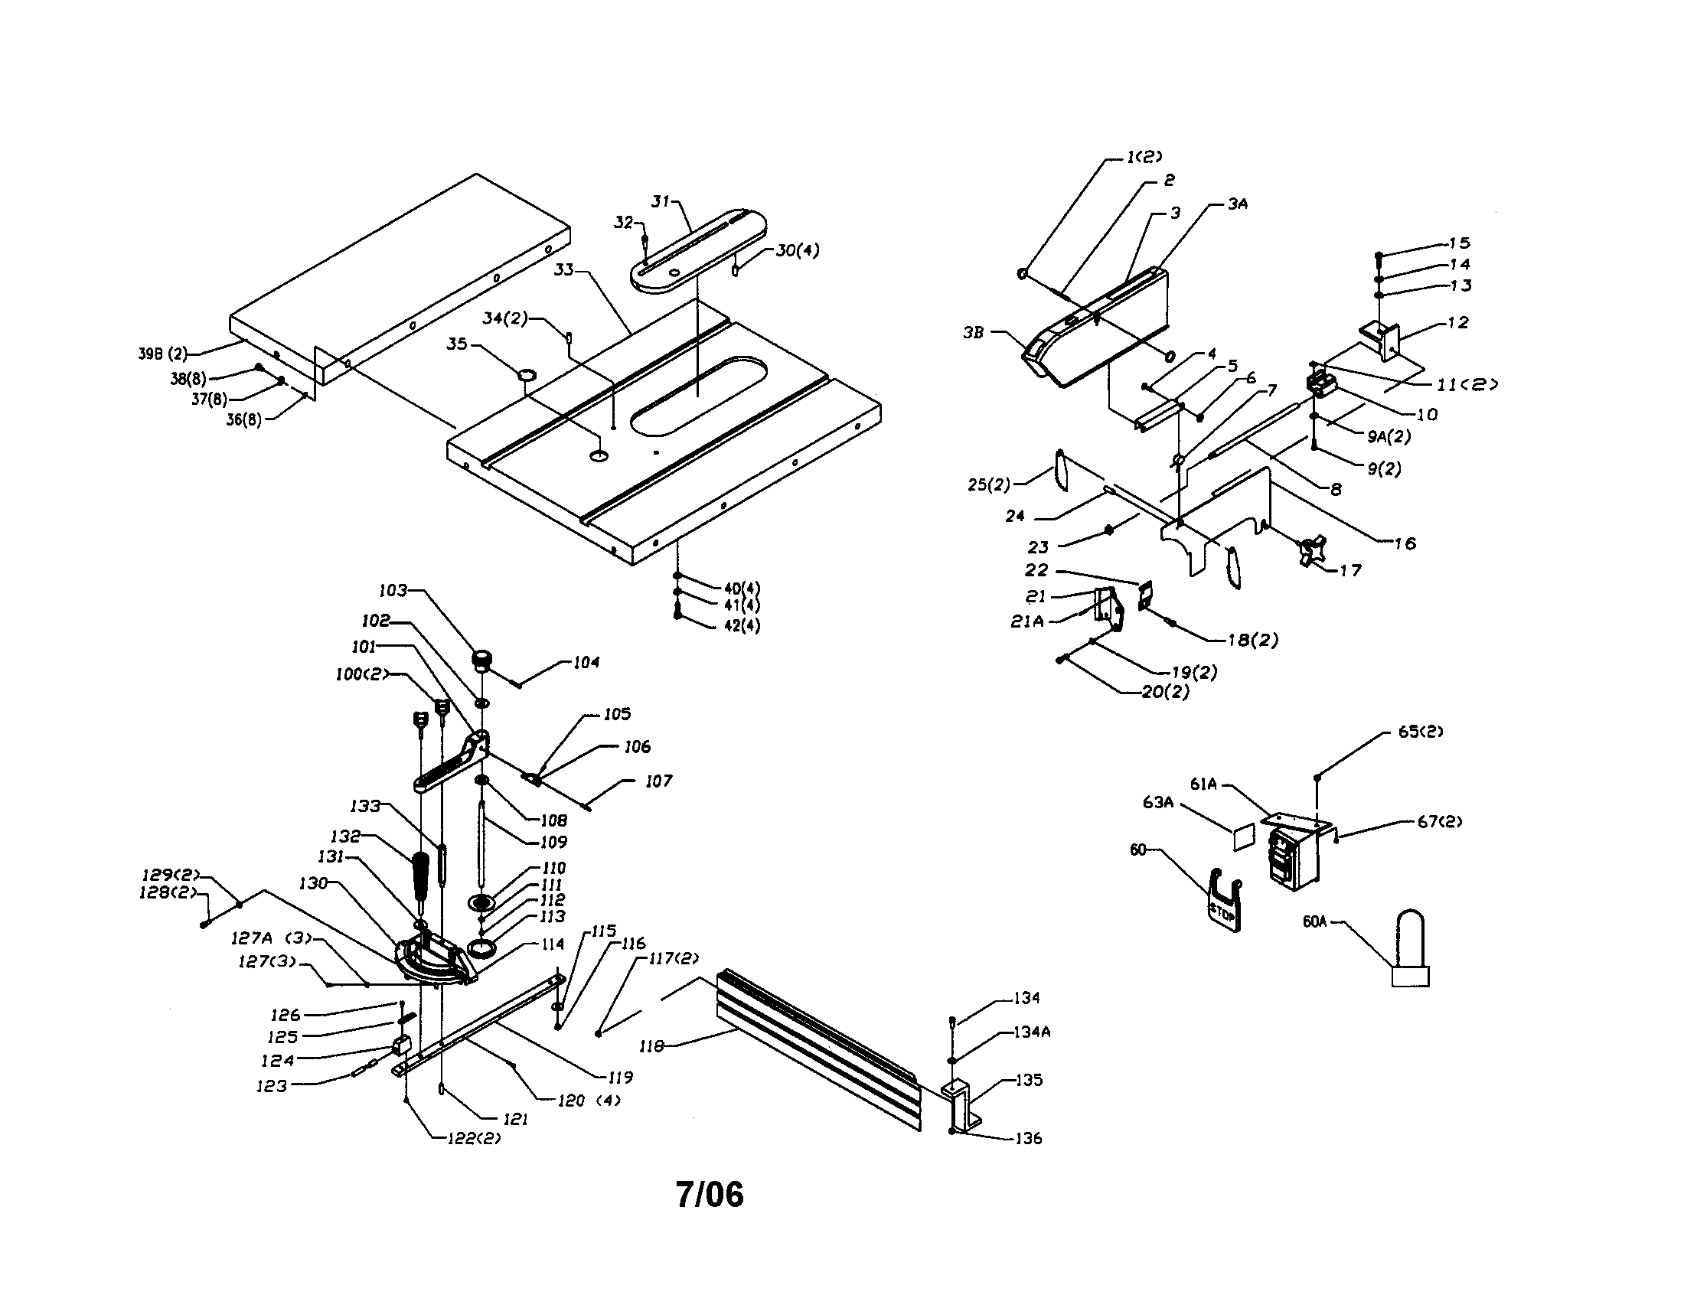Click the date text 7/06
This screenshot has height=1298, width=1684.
point(710,1195)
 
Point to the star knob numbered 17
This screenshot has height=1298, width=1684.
point(1310,552)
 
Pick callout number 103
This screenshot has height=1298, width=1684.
point(393,590)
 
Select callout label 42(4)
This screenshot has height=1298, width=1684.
point(742,626)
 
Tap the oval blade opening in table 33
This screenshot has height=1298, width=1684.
point(698,395)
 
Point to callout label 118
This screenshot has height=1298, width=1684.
point(651,1047)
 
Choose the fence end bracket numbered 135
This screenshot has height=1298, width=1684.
point(962,1104)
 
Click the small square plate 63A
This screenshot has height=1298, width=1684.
point(1244,837)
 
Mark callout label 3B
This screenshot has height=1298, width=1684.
point(974,333)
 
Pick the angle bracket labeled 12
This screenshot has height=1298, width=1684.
point(1382,340)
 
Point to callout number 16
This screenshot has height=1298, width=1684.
point(1405,543)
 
